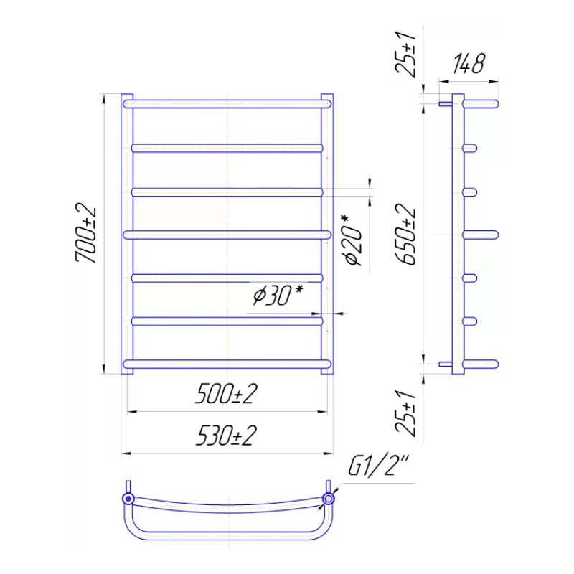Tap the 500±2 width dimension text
(226, 394)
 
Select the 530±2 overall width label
(226, 436)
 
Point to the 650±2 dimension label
(405, 235)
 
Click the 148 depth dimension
(469, 64)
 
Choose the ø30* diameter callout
(278, 296)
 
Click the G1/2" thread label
(379, 466)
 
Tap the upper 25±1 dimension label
(405, 55)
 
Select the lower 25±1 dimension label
(405, 414)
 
